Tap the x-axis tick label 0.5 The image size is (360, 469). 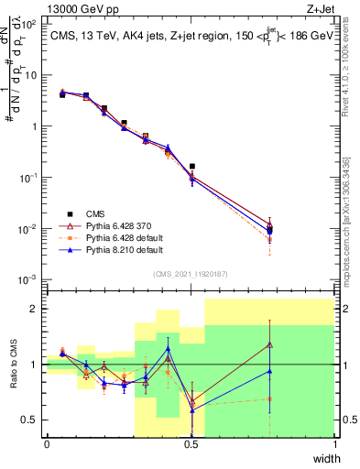pyautogui.click(x=191, y=444)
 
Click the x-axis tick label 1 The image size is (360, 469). pyautogui.click(x=334, y=444)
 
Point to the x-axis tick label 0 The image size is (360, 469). pyautogui.click(x=47, y=444)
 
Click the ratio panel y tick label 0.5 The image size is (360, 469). pyautogui.click(x=30, y=420)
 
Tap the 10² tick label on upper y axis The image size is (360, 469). pyautogui.click(x=31, y=25)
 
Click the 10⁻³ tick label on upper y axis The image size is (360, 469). pyautogui.click(x=31, y=278)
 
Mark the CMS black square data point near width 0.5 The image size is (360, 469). pyautogui.click(x=191, y=167)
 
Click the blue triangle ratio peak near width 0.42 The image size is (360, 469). pyautogui.click(x=168, y=349)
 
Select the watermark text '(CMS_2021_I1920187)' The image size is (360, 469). pyautogui.click(x=191, y=272)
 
